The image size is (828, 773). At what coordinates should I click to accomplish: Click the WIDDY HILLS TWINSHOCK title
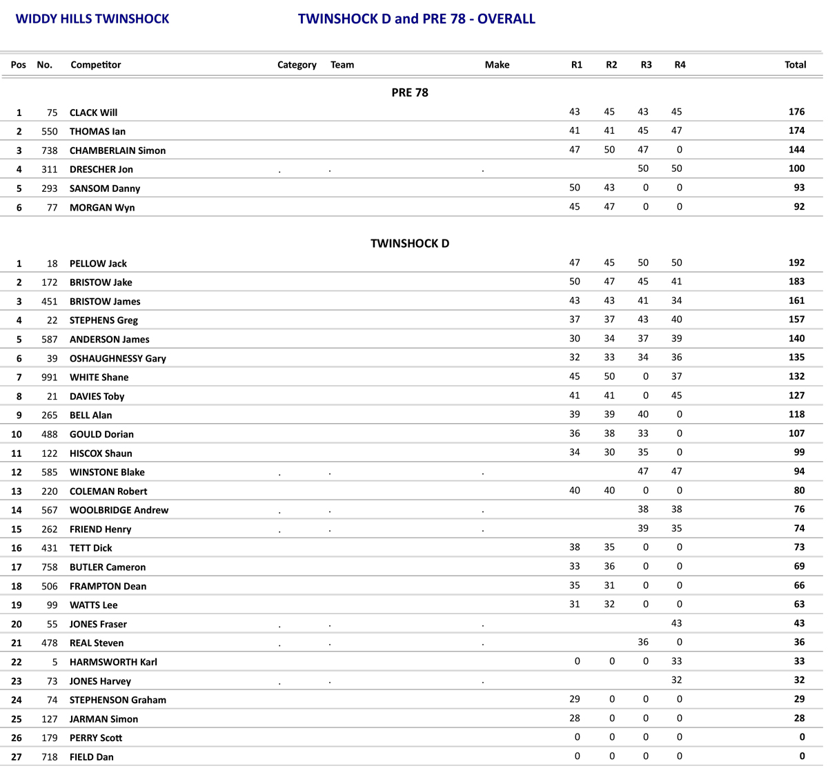click(x=92, y=19)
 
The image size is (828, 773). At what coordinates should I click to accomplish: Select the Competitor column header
click(x=95, y=65)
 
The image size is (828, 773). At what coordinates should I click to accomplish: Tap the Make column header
click(x=497, y=65)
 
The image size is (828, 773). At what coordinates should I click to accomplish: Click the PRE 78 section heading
click(x=410, y=92)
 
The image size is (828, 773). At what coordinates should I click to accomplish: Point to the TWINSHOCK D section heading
click(x=410, y=244)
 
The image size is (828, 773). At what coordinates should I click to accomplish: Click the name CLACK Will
click(x=93, y=112)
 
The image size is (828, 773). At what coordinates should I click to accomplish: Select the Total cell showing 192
click(x=796, y=263)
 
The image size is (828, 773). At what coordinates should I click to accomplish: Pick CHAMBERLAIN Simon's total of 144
click(x=796, y=150)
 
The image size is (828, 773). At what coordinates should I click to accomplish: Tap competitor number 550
click(x=49, y=131)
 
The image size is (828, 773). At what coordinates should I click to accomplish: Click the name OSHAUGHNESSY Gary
click(x=117, y=358)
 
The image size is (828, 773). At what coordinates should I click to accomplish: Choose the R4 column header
click(x=680, y=65)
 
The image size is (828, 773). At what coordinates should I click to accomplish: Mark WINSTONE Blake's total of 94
click(x=799, y=471)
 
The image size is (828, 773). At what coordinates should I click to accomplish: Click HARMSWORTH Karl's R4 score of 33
click(x=676, y=661)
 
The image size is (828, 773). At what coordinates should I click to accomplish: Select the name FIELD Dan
click(x=91, y=757)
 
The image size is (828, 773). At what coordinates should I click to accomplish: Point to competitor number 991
click(x=49, y=378)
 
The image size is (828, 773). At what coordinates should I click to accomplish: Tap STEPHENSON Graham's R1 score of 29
click(x=574, y=699)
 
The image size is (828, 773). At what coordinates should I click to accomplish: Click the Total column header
click(x=795, y=65)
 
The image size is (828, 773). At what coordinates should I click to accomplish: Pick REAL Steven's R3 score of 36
click(x=643, y=642)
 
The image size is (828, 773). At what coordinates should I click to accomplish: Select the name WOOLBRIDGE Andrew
click(x=119, y=510)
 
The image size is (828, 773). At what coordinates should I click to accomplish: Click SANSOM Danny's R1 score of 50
click(x=574, y=188)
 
